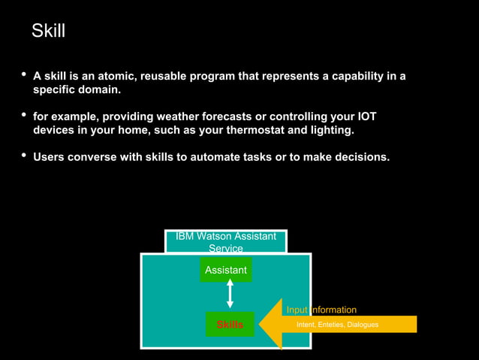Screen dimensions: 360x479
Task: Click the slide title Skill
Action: pyautogui.click(x=48, y=31)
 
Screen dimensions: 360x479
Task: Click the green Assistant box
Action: pyautogui.click(x=226, y=270)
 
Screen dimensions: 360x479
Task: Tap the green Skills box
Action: pyautogui.click(x=230, y=325)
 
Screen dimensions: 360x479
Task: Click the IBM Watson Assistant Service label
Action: pyautogui.click(x=225, y=242)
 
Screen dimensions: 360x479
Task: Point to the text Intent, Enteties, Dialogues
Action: pyautogui.click(x=337, y=325)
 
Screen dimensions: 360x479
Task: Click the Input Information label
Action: pyautogui.click(x=321, y=310)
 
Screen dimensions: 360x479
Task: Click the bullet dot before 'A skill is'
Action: pyautogui.click(x=23, y=75)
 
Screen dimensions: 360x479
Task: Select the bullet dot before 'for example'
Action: pyautogui.click(x=23, y=115)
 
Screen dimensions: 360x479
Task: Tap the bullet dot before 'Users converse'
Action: pyautogui.click(x=23, y=156)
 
